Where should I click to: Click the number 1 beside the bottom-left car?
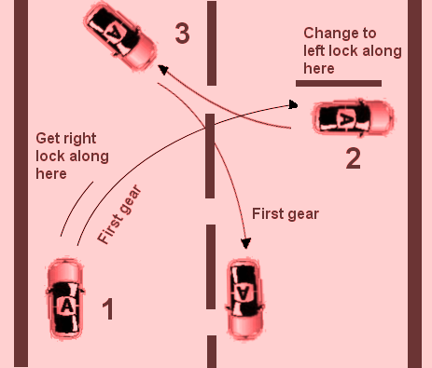coord(107,309)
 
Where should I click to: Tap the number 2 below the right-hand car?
coord(352,158)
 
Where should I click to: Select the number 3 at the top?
coord(183,34)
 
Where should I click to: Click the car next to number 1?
coord(67,303)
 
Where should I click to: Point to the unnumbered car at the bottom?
coord(244,297)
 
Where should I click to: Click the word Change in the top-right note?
coord(327,34)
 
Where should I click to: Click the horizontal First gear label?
coord(285,213)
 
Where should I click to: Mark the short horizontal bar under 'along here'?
coord(338,84)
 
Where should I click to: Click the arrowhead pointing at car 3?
coord(161,68)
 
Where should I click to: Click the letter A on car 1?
coord(66,305)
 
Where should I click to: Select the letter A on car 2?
coord(345,118)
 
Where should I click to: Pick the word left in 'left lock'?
coord(315,52)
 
